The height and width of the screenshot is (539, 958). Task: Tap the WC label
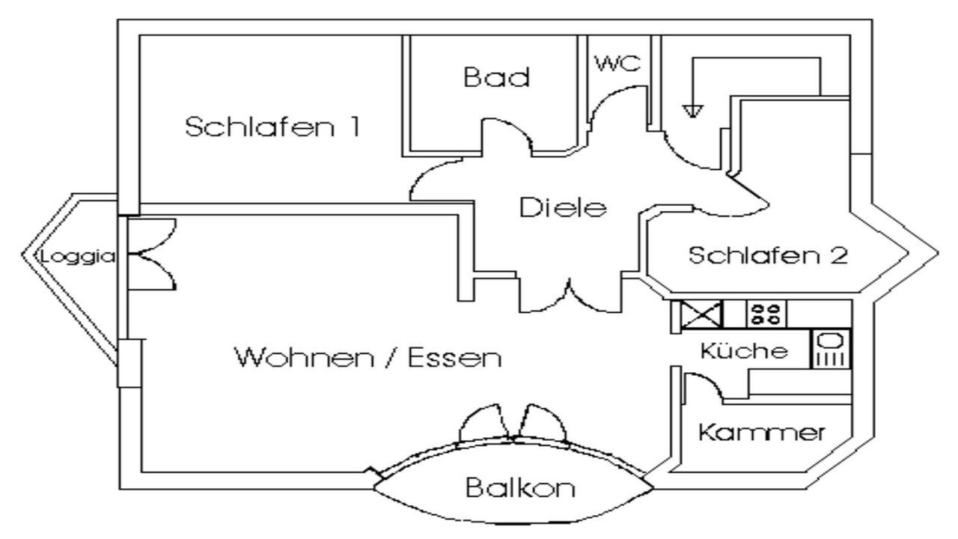[x=618, y=64]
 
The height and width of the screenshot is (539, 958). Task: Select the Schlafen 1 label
[x=272, y=127]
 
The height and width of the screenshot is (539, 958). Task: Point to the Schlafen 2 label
[x=768, y=256]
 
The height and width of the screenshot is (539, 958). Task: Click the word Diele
[x=561, y=208]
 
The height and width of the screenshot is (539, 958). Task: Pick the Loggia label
[x=79, y=256]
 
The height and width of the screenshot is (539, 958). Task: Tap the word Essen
[x=454, y=359]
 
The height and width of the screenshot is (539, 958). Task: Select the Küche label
[x=744, y=351]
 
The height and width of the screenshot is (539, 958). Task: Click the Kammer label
[x=762, y=432]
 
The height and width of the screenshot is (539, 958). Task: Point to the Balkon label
[x=520, y=489]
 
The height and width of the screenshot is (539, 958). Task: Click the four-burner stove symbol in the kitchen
[x=767, y=313]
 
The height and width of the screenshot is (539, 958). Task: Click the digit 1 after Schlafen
[x=351, y=127]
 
